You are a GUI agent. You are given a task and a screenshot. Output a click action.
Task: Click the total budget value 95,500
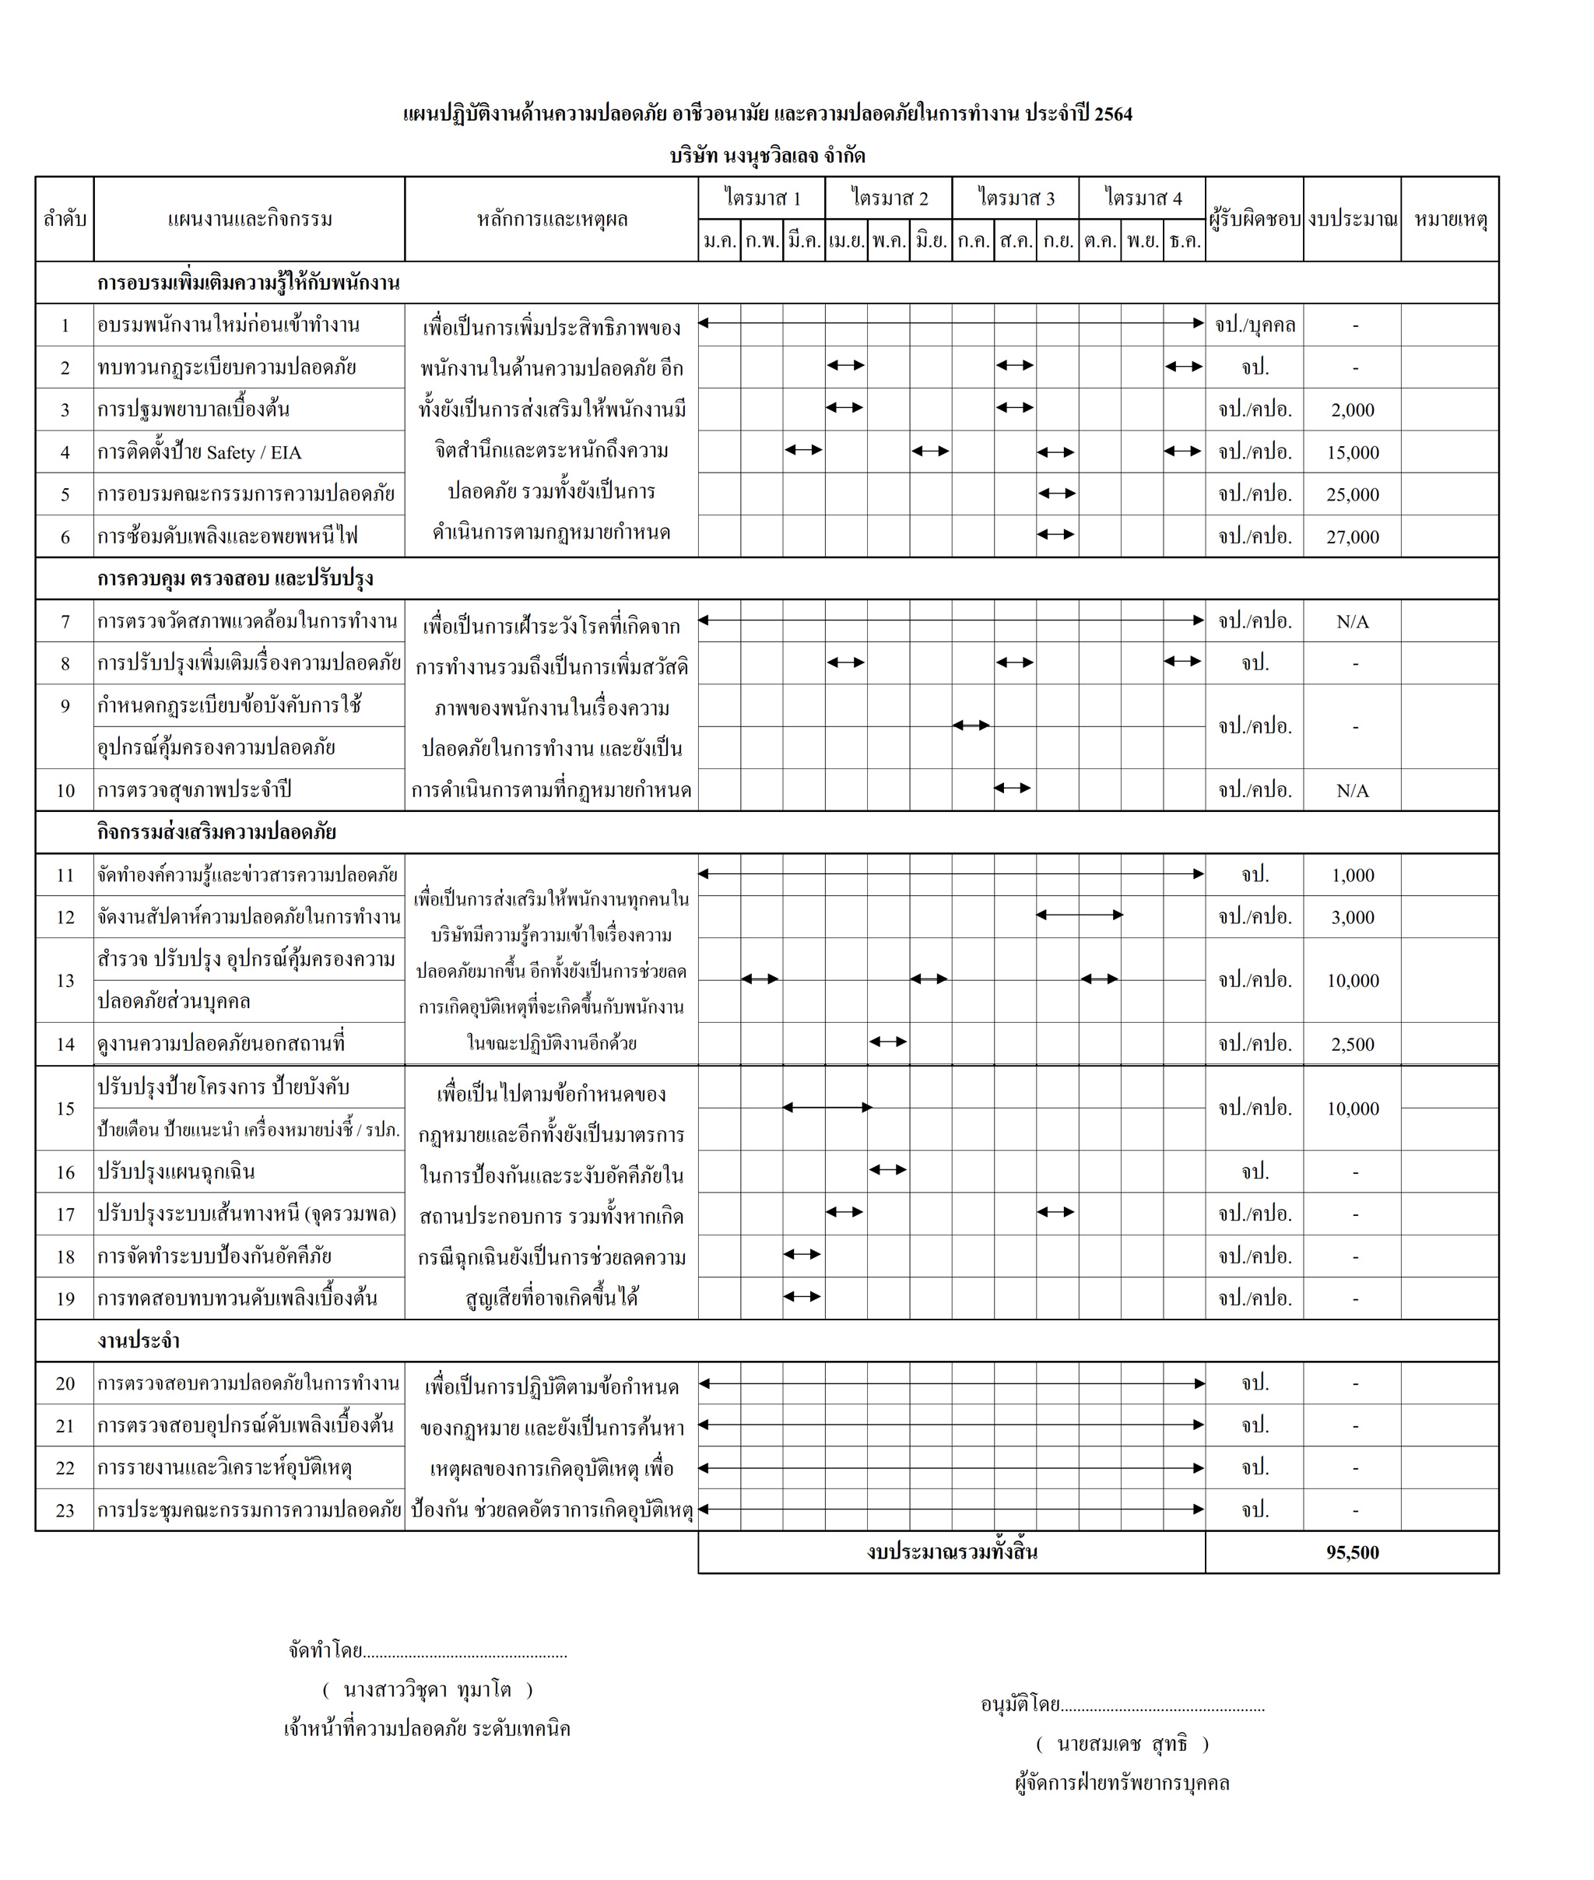click(1352, 1553)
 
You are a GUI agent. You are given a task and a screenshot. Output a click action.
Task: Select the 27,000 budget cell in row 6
click(1352, 537)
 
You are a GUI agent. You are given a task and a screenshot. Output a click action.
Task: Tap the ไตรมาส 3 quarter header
click(1015, 198)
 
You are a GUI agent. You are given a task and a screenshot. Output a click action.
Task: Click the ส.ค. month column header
click(1016, 241)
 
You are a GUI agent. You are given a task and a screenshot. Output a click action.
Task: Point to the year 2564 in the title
click(1112, 114)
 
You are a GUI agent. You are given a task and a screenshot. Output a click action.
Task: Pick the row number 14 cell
click(65, 1045)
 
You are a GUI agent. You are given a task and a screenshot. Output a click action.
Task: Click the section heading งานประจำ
click(139, 1341)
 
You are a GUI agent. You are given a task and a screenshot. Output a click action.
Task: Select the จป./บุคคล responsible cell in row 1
click(1254, 325)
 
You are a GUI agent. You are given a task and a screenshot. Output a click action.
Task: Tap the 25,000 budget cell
click(1352, 494)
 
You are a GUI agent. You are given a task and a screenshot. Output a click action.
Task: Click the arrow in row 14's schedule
click(887, 1042)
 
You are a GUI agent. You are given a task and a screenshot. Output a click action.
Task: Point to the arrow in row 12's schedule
click(1079, 915)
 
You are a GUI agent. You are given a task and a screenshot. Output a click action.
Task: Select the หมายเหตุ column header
click(1449, 220)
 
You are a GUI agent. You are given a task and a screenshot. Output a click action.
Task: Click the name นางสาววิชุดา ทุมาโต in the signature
click(427, 1689)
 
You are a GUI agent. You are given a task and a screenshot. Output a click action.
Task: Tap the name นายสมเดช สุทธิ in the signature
click(1122, 1744)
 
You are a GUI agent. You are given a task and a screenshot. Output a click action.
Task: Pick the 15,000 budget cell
click(1352, 452)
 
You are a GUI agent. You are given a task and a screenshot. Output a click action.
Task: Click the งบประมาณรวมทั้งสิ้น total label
click(952, 1552)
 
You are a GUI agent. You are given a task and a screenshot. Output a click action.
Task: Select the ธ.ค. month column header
click(1184, 241)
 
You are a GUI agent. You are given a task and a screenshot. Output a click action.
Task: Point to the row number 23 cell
click(65, 1510)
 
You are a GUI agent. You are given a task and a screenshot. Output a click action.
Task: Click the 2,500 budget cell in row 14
click(1352, 1045)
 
